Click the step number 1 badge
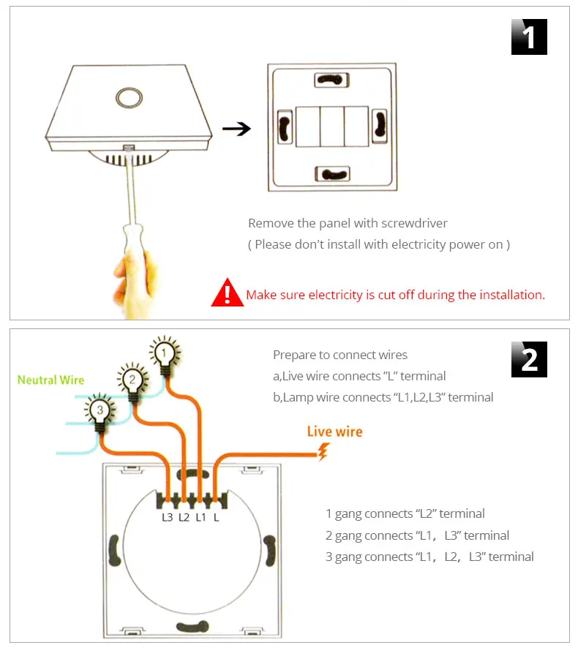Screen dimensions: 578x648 pyautogui.click(x=529, y=37)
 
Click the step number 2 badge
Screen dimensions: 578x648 pyautogui.click(x=529, y=359)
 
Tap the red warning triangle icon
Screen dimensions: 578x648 pyautogui.click(x=227, y=293)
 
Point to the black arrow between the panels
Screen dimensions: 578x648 pyautogui.click(x=236, y=129)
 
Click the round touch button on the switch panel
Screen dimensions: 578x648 pyautogui.click(x=129, y=98)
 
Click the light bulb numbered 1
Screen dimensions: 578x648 pyautogui.click(x=165, y=356)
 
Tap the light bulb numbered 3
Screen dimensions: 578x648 pyautogui.click(x=100, y=412)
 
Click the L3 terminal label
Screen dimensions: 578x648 pyautogui.click(x=167, y=517)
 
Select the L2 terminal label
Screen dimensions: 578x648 pyautogui.click(x=184, y=517)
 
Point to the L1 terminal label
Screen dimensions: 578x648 pyautogui.click(x=200, y=517)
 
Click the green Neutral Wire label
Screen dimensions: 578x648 pyautogui.click(x=51, y=380)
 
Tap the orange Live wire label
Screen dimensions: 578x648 pyautogui.click(x=334, y=432)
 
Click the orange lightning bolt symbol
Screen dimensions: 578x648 pyautogui.click(x=323, y=452)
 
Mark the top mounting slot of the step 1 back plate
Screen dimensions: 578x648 pyautogui.click(x=331, y=79)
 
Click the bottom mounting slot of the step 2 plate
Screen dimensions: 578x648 pyautogui.click(x=192, y=627)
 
